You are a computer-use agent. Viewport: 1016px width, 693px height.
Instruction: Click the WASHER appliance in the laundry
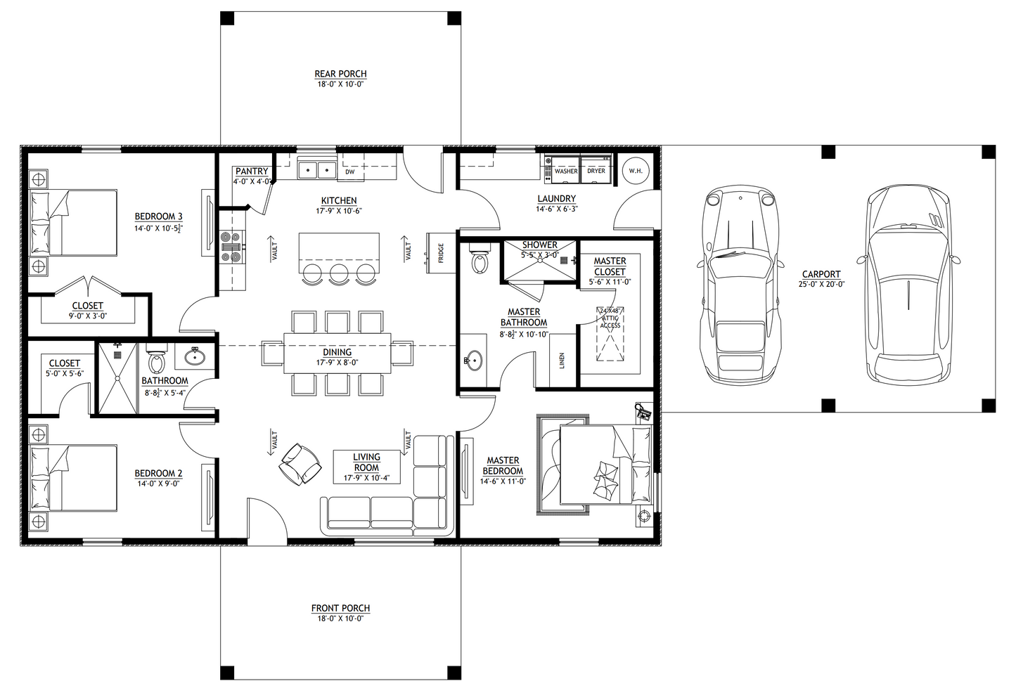click(565, 171)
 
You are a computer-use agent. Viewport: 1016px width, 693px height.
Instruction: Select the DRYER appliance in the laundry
click(596, 171)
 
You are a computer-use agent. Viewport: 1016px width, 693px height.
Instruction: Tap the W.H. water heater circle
click(636, 171)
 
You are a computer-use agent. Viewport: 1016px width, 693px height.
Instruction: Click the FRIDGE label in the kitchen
click(441, 252)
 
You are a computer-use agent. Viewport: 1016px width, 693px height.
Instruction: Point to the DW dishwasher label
click(349, 171)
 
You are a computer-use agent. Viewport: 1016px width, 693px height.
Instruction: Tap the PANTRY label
click(252, 171)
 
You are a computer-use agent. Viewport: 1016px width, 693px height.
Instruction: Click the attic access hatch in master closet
click(610, 333)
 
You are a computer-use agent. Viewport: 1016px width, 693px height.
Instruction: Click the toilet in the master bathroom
click(480, 261)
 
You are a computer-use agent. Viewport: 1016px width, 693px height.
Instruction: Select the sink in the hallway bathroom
click(195, 357)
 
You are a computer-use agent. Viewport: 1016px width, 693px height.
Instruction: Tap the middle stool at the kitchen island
click(339, 274)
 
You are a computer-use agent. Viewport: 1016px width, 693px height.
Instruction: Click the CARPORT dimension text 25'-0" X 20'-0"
click(821, 285)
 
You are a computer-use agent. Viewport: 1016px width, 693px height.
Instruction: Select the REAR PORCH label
click(340, 74)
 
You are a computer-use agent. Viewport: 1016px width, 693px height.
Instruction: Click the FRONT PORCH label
click(340, 608)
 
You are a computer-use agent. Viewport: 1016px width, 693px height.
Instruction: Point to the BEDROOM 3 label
click(159, 216)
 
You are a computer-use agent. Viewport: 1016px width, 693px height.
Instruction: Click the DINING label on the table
click(337, 352)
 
